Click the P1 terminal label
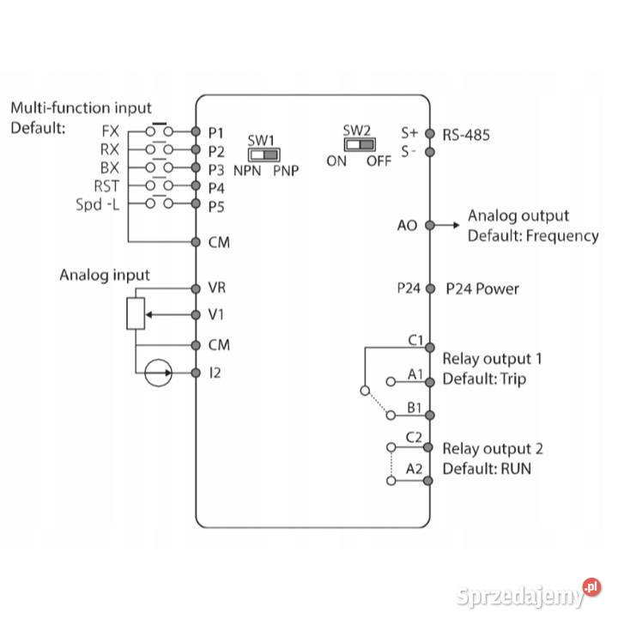[x=215, y=133]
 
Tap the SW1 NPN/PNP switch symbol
[x=264, y=155]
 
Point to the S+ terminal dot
[x=429, y=133]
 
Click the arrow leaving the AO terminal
[x=448, y=225]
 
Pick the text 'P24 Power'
[x=482, y=289]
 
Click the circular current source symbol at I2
[x=158, y=373]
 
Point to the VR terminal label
[x=216, y=288]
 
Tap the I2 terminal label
[x=215, y=373]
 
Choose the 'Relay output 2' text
[x=492, y=448]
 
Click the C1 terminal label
[x=415, y=340]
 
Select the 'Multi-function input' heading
[x=81, y=109]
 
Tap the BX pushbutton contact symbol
[x=159, y=167]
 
